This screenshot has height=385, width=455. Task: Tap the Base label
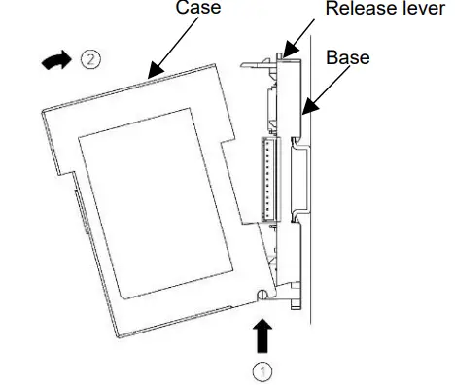(347, 56)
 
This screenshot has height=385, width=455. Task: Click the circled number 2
(90, 60)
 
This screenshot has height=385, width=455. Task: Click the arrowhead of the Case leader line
(147, 74)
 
